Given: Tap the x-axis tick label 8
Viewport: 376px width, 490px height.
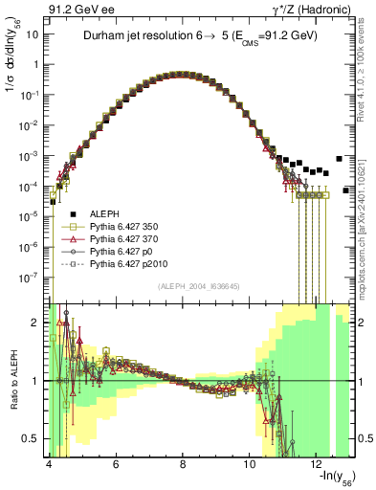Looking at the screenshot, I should click(x=183, y=463).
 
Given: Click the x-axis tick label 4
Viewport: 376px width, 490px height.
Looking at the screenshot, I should click(x=48, y=463).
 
